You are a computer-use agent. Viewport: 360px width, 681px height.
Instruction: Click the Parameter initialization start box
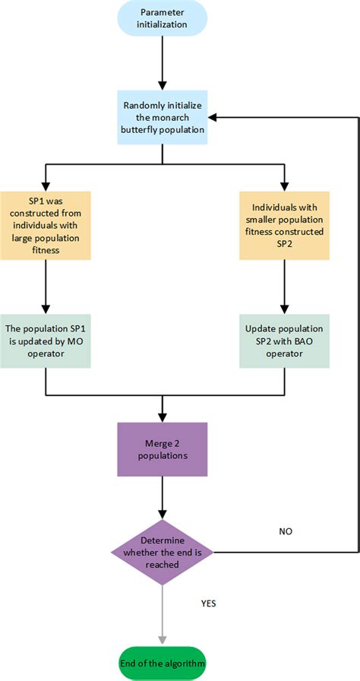(x=163, y=18)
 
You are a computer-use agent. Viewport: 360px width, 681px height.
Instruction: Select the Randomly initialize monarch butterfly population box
(x=163, y=117)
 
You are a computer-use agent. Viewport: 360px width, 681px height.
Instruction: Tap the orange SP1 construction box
(x=46, y=226)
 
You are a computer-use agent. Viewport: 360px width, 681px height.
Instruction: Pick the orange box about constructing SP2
(x=285, y=226)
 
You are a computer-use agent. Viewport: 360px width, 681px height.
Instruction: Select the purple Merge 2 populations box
(x=163, y=449)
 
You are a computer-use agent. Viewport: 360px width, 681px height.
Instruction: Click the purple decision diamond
(x=163, y=553)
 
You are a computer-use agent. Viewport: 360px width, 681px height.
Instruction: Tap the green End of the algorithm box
(x=163, y=664)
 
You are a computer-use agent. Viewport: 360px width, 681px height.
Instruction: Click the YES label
(x=209, y=603)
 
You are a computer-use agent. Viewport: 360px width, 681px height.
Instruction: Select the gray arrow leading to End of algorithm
(x=163, y=616)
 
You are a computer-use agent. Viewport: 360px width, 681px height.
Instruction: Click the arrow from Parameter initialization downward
(x=163, y=63)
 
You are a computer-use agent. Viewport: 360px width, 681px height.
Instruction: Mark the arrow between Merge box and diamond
(x=163, y=498)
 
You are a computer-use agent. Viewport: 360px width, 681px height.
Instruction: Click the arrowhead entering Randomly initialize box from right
(x=211, y=117)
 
